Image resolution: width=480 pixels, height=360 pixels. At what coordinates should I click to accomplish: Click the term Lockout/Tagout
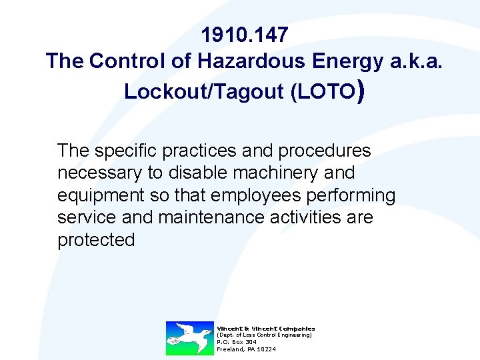204,92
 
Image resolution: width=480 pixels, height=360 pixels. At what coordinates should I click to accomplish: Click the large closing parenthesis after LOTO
360,91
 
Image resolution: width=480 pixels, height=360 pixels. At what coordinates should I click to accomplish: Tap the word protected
96,240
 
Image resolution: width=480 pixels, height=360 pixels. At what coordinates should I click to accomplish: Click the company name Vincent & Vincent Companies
265,328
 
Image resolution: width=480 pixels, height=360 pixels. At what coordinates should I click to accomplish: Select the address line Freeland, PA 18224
246,349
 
